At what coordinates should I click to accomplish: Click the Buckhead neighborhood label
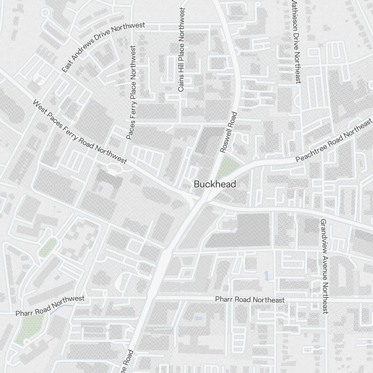pyautogui.click(x=215, y=184)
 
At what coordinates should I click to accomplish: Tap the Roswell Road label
pyautogui.click(x=229, y=132)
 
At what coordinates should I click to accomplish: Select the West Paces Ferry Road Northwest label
pyautogui.click(x=80, y=132)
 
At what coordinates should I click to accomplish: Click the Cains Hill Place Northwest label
pyautogui.click(x=182, y=50)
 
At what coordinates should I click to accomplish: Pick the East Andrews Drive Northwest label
pyautogui.click(x=103, y=47)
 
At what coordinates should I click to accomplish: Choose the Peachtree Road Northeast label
pyautogui.click(x=334, y=140)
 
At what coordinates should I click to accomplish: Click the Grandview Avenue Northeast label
pyautogui.click(x=323, y=266)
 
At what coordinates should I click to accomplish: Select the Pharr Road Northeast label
pyautogui.click(x=250, y=300)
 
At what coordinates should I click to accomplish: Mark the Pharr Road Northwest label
pyautogui.click(x=50, y=306)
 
